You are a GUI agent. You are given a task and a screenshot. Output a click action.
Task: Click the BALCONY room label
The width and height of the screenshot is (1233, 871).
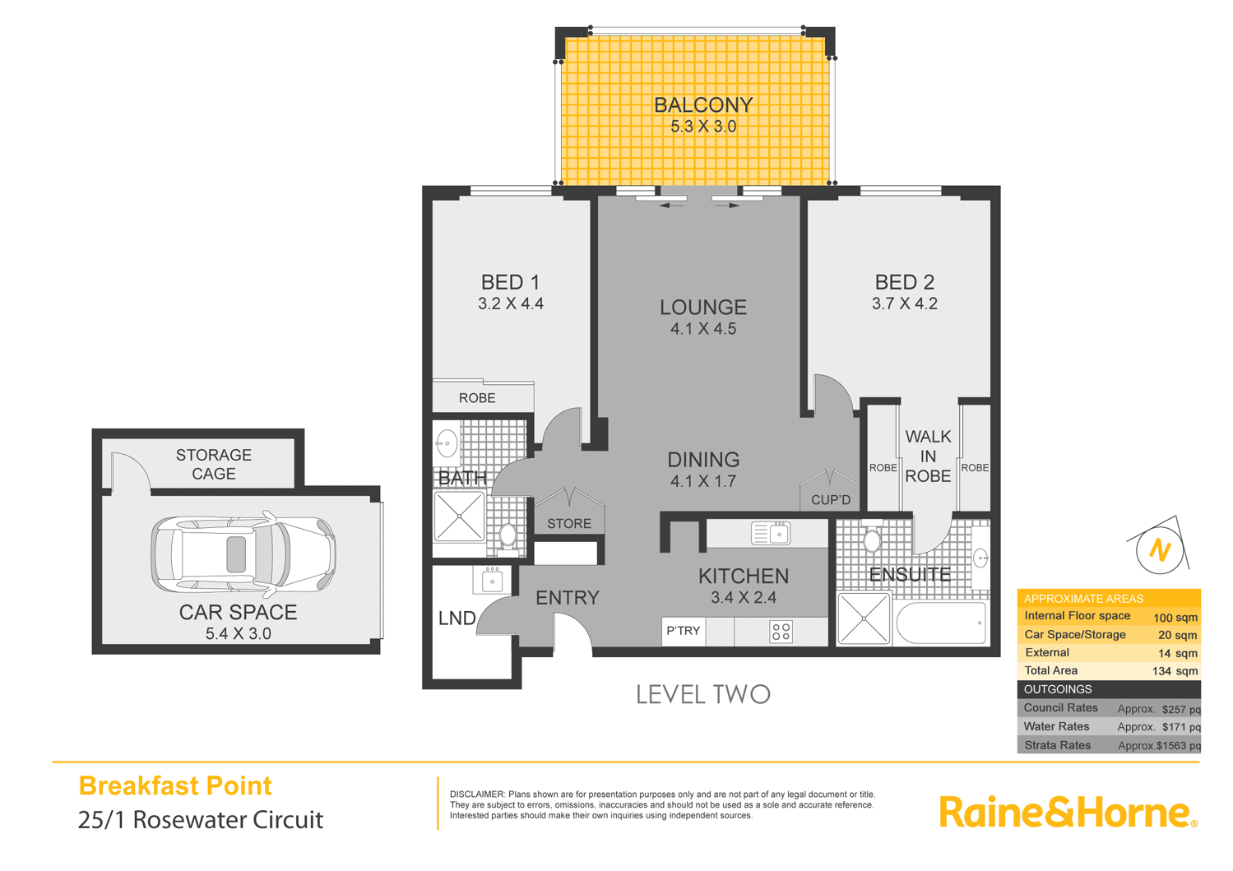[x=702, y=105]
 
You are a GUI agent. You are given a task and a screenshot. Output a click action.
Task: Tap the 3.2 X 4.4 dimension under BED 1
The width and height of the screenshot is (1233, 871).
[x=510, y=303]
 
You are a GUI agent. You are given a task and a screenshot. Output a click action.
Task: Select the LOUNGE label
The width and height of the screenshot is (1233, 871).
[x=702, y=308]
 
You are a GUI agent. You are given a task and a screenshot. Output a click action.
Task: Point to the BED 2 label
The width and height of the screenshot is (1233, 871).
[x=904, y=282]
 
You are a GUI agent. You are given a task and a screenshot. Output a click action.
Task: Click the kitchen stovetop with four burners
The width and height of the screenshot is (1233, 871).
[x=781, y=632]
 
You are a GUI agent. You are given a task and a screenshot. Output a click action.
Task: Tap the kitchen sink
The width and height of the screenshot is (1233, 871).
[x=771, y=534]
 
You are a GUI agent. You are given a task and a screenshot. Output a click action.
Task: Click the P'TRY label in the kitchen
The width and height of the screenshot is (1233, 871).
[x=683, y=631]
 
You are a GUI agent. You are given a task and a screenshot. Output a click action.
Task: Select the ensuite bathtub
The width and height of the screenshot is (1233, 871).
[x=941, y=623]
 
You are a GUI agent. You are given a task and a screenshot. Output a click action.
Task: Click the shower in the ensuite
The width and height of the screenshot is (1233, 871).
[x=864, y=618]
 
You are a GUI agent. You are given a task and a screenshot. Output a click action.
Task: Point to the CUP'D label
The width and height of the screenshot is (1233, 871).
[x=830, y=500]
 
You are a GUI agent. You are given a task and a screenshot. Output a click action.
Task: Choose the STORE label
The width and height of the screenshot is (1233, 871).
[x=568, y=523]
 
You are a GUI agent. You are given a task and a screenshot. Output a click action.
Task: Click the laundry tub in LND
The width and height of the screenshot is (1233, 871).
[x=492, y=580]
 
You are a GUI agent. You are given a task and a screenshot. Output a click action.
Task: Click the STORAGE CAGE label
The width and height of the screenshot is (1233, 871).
[x=214, y=464]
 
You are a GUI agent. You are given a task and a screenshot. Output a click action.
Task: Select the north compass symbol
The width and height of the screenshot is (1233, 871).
[x=1159, y=549]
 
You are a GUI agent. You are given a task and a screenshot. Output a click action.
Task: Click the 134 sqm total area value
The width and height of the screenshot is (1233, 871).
[x=1174, y=671]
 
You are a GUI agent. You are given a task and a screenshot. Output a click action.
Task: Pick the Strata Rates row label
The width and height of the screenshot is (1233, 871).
[x=1057, y=745]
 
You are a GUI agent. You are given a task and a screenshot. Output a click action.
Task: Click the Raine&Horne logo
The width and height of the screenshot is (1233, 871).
[x=1067, y=812]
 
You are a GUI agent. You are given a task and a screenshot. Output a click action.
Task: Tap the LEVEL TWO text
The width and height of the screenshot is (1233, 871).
[x=702, y=695]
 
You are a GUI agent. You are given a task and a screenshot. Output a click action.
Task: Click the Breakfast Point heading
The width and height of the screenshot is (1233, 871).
[x=174, y=785]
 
